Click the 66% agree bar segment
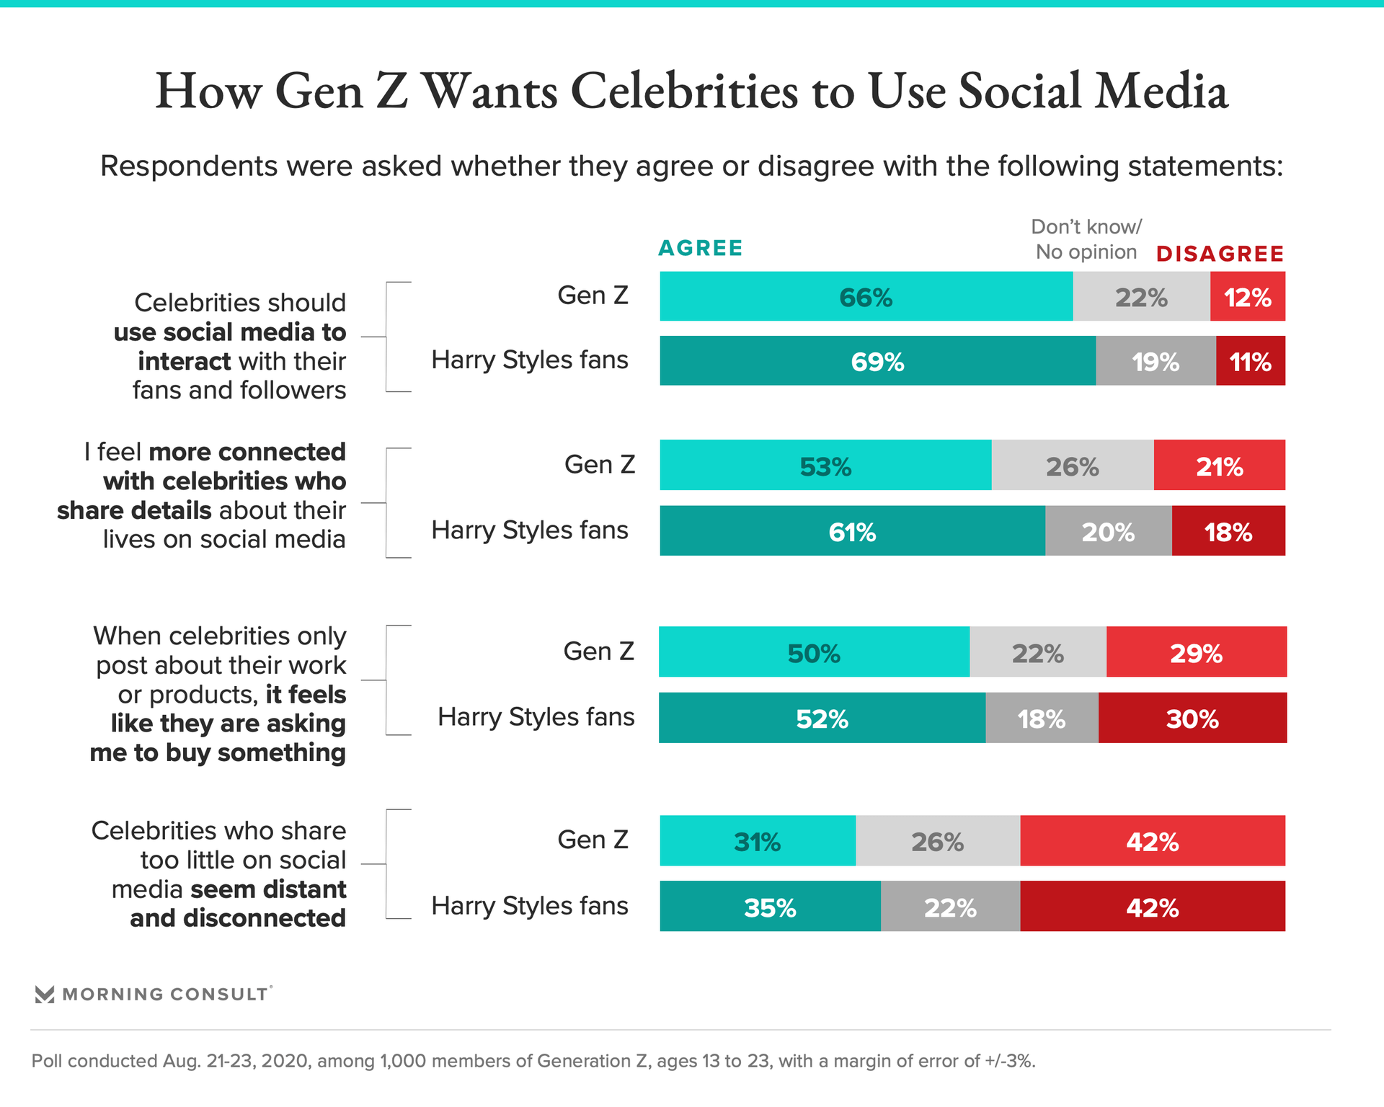point(866,297)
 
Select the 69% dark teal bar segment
point(877,361)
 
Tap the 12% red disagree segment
point(1248,297)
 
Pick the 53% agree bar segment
point(825,466)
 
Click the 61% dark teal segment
point(852,531)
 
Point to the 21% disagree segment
point(1220,466)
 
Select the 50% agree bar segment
point(814,652)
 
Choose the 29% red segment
point(1196,652)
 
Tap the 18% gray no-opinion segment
point(1042,718)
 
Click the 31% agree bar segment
point(757,841)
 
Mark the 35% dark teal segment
point(770,907)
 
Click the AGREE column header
point(700,249)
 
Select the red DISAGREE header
point(1220,254)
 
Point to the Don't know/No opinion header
point(1086,239)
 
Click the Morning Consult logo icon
point(45,995)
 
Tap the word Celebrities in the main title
point(685,92)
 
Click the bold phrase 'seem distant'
point(269,889)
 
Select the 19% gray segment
point(1155,361)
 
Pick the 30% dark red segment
point(1192,718)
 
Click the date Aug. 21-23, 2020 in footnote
point(236,1061)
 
